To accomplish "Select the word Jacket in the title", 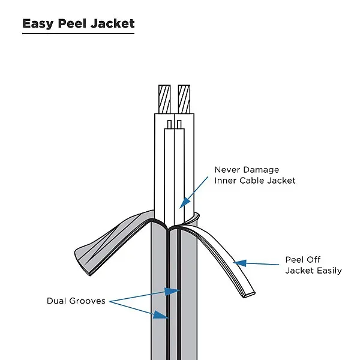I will click(115, 24).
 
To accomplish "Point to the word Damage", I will click(262, 170).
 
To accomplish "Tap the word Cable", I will click(256, 180).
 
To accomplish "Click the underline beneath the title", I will click(79, 33).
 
